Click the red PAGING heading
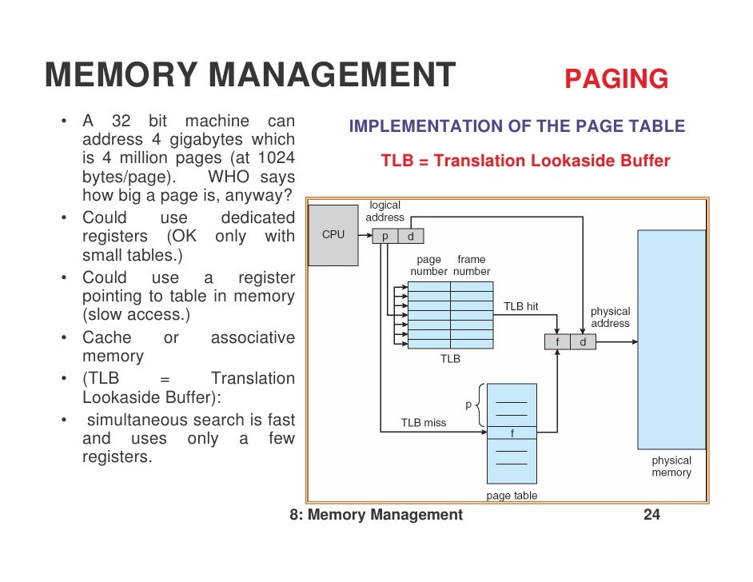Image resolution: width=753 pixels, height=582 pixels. [616, 78]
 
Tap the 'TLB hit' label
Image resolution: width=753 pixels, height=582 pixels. [520, 306]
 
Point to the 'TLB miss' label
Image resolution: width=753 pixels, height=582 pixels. [424, 422]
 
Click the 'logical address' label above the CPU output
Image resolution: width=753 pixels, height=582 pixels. [385, 211]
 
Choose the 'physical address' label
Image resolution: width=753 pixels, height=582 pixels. [610, 317]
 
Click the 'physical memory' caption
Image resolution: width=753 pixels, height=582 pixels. [671, 466]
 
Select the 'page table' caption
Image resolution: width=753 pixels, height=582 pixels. [512, 496]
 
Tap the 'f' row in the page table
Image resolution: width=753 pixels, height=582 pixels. [512, 433]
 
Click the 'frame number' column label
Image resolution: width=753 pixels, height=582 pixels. [472, 265]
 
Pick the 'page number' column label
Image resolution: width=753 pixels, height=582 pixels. [429, 265]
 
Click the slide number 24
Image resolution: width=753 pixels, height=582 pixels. [651, 515]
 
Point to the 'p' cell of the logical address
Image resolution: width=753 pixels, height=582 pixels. [385, 236]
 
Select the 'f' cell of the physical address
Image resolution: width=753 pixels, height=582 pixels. [557, 342]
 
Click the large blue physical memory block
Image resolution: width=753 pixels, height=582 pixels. [671, 340]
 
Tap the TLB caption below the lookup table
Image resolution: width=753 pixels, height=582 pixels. [450, 359]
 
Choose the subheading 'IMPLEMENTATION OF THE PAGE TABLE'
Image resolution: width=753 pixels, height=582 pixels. [517, 126]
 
